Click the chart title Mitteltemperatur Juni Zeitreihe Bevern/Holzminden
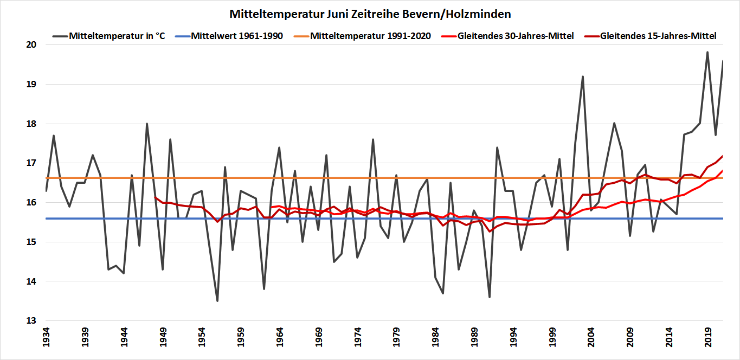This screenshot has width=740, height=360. point(370,14)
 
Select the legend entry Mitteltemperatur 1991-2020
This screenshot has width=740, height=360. point(371,36)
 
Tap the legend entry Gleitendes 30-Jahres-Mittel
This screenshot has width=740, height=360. point(515,36)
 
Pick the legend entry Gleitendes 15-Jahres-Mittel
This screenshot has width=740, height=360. point(658,36)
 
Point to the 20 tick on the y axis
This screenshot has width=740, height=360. point(30,45)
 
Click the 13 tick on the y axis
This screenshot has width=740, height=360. point(30,321)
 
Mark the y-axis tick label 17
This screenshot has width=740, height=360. point(30,163)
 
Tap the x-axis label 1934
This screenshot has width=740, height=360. point(46,337)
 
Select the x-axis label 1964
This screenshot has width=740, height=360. point(280,337)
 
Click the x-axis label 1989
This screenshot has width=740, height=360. point(474,337)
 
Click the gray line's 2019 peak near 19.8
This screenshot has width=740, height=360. point(707,52)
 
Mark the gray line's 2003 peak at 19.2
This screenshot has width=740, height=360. point(583,76)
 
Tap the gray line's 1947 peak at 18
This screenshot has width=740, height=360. point(147,124)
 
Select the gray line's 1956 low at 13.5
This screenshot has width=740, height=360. point(217,301)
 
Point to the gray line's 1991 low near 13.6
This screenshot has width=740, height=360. point(490,297)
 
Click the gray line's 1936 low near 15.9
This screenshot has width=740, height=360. point(69,207)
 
